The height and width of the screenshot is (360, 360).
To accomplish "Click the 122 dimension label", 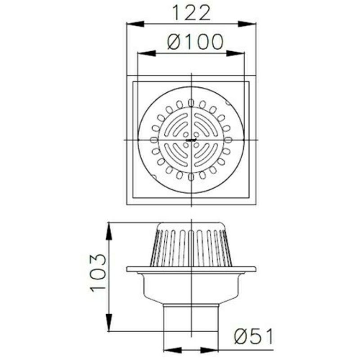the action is coord(191,13).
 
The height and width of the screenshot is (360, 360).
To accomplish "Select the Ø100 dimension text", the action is coord(195,42).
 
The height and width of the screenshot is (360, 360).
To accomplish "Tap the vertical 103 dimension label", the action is coord(98,273).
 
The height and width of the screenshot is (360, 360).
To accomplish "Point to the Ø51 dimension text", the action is coord(254,336).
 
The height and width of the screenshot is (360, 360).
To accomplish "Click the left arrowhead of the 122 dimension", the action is coord(135,24).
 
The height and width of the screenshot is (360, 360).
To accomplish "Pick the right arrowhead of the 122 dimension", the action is coord(247,24).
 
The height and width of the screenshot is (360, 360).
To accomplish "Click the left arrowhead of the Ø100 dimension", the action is coord(147,54).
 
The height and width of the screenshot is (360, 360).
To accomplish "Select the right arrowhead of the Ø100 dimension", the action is coord(235,54).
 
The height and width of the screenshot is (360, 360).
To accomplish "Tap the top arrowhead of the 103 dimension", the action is coord(109,231).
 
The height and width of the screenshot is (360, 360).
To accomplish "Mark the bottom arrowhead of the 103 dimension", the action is coord(109,322).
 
